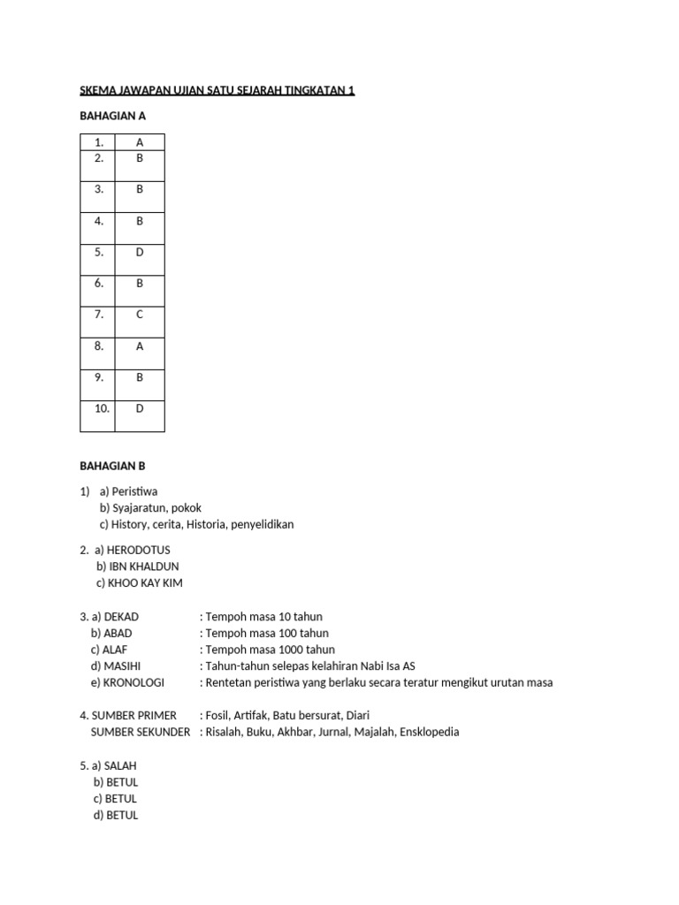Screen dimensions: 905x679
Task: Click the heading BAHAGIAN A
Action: (112, 115)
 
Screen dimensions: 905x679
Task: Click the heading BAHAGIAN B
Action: (112, 466)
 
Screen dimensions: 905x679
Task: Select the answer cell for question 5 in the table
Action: (140, 252)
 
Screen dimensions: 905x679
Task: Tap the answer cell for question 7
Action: (140, 315)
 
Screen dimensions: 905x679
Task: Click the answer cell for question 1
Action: (140, 142)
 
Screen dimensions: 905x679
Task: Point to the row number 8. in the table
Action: (99, 346)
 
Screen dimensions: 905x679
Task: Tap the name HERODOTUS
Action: (139, 550)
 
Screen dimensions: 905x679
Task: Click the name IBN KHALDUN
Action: (144, 567)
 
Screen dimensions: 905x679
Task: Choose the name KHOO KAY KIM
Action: (147, 583)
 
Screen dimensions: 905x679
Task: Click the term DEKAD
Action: (121, 616)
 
